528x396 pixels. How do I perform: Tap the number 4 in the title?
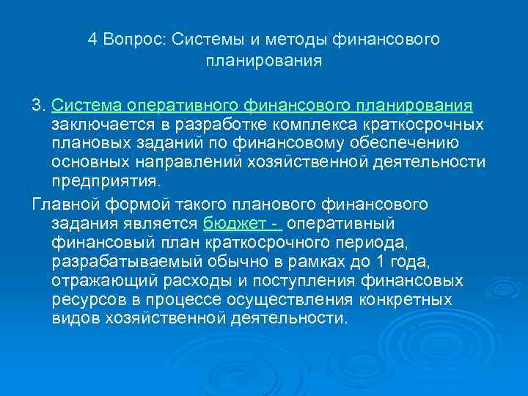pyautogui.click(x=92, y=39)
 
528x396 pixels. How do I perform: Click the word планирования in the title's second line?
pyautogui.click(x=264, y=59)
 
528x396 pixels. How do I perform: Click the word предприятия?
pyautogui.click(x=106, y=179)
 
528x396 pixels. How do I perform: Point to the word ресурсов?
pyautogui.click(x=83, y=300)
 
